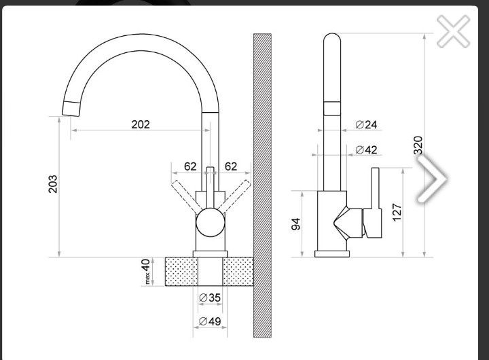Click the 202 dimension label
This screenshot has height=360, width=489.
tap(141, 124)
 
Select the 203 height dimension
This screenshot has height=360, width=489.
tap(53, 184)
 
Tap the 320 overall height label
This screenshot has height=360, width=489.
tap(418, 145)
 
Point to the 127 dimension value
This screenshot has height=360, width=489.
tap(397, 213)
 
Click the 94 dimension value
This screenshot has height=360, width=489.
tap(295, 224)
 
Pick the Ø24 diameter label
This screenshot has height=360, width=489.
tap(367, 125)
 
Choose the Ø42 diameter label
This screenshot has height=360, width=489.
tap(367, 150)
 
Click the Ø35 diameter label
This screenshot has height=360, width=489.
tap(210, 298)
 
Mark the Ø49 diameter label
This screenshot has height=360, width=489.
tap(210, 321)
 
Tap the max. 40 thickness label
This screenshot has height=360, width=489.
tap(146, 271)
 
